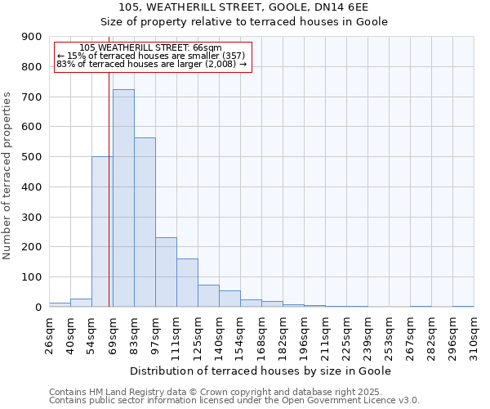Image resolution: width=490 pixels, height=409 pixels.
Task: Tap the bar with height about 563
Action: pos(145,222)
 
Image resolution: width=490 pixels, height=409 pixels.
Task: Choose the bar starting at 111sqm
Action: pos(187,282)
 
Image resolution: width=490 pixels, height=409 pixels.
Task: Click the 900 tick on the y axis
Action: pos(32,37)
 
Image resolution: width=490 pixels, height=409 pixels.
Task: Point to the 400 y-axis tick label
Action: pos(32,187)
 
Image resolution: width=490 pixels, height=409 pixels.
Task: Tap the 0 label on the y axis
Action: pos(38,307)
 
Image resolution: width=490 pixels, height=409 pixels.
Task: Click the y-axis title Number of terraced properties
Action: pos(8,175)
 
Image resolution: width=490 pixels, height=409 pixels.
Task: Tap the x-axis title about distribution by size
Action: pos(261,371)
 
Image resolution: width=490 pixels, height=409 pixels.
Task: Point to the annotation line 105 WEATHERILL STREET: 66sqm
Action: pos(150,47)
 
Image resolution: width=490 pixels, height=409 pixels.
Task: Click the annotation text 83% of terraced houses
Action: pos(151,64)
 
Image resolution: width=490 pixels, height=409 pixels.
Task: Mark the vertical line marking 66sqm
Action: pos(109,204)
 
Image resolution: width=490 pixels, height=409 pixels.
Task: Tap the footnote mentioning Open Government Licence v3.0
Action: pos(234,400)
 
